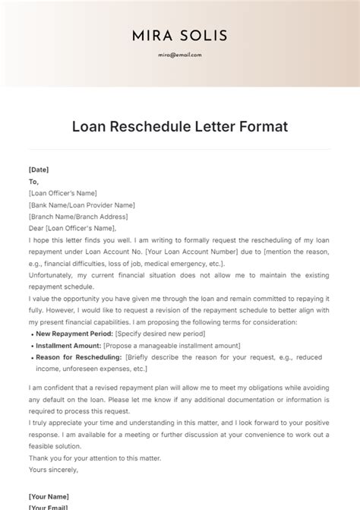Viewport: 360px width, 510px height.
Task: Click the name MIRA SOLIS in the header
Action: click(180, 36)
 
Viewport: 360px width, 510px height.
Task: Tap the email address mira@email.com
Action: click(180, 55)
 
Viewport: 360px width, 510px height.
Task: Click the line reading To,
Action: click(33, 182)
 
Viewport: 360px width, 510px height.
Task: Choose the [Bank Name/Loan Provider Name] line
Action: click(81, 205)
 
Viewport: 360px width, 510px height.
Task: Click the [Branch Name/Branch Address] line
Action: click(78, 217)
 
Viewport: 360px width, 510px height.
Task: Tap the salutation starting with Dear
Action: click(72, 228)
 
